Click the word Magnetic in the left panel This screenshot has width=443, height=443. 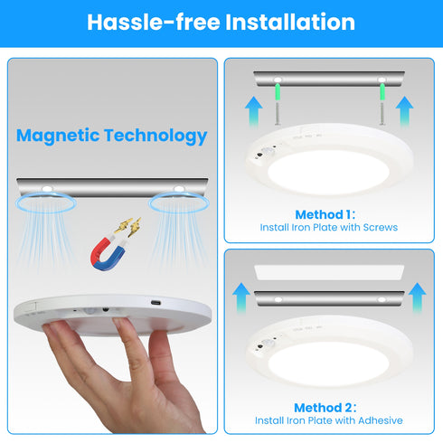tap(58, 137)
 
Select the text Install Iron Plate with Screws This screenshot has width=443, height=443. tap(329, 228)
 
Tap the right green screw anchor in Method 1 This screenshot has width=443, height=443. tap(381, 93)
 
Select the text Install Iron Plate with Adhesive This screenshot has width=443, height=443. tap(329, 421)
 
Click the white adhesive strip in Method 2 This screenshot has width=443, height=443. tap(329, 270)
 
